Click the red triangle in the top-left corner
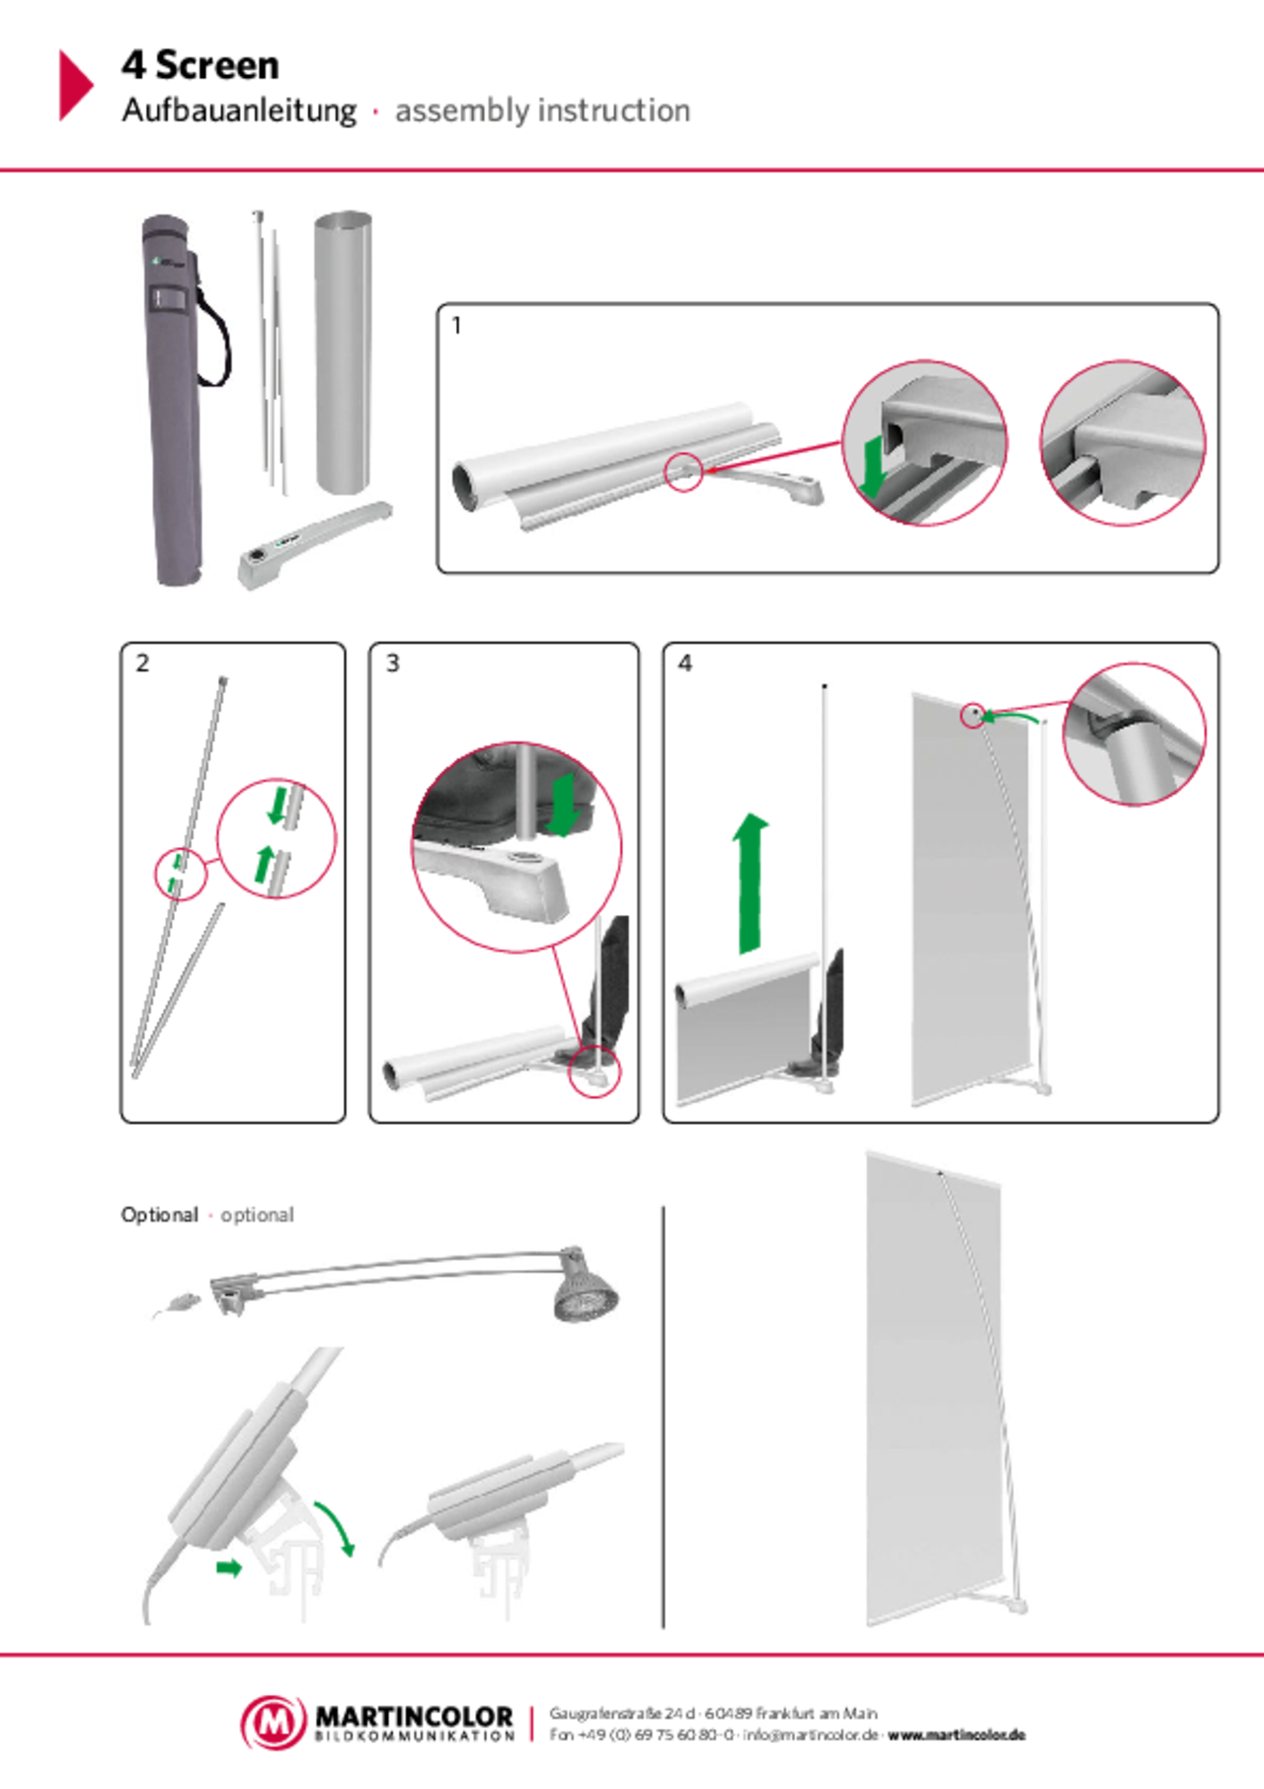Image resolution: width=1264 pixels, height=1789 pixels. click(x=75, y=85)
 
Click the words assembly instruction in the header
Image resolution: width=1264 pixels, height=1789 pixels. click(x=542, y=112)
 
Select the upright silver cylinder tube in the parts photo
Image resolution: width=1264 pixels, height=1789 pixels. click(x=343, y=352)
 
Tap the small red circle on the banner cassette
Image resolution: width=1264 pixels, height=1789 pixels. click(x=682, y=472)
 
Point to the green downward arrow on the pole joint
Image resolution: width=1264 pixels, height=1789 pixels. click(x=279, y=805)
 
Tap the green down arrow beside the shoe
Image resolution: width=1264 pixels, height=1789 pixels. click(x=566, y=805)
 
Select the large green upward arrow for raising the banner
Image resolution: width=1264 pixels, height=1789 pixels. click(x=751, y=884)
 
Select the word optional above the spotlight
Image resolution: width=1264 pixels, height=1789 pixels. click(x=256, y=1214)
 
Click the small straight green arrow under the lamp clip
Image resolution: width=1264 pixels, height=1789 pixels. click(x=229, y=1568)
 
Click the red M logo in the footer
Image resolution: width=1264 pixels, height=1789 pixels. click(x=274, y=1722)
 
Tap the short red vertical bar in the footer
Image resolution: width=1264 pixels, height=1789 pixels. click(x=530, y=1724)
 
